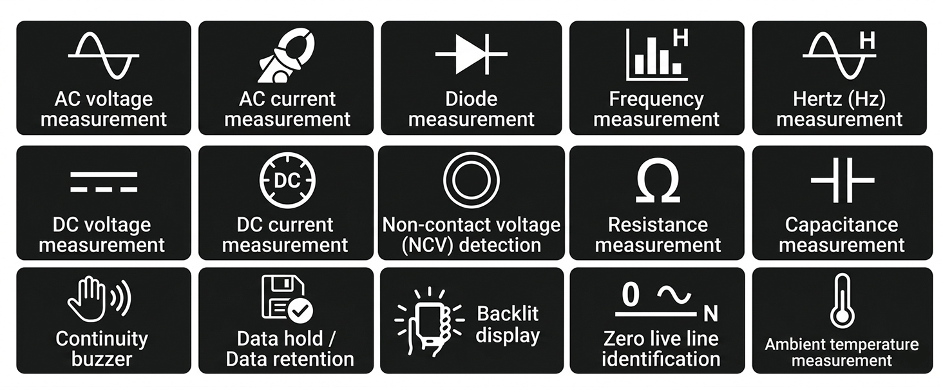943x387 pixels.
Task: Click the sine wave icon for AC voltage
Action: click(104, 55)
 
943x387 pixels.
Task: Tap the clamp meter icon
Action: click(286, 55)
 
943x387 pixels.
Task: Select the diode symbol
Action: click(471, 54)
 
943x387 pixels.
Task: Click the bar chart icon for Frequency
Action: click(657, 55)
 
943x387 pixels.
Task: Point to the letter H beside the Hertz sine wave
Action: click(868, 41)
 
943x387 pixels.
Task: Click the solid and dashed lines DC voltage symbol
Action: click(104, 182)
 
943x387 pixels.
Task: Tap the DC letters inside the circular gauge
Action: click(287, 181)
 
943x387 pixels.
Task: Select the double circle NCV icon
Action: click(471, 180)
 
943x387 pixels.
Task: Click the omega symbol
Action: click(658, 181)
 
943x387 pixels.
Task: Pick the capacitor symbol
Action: click(843, 180)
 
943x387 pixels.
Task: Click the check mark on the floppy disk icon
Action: click(300, 311)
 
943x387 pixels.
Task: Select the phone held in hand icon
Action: click(430, 322)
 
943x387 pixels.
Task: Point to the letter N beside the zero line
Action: click(710, 313)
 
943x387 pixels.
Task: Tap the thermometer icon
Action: click(843, 301)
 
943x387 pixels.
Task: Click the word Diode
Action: click(471, 99)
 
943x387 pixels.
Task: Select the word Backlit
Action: click(508, 313)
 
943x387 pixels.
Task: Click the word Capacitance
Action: click(841, 224)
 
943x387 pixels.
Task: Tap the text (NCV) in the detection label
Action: click(428, 245)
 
